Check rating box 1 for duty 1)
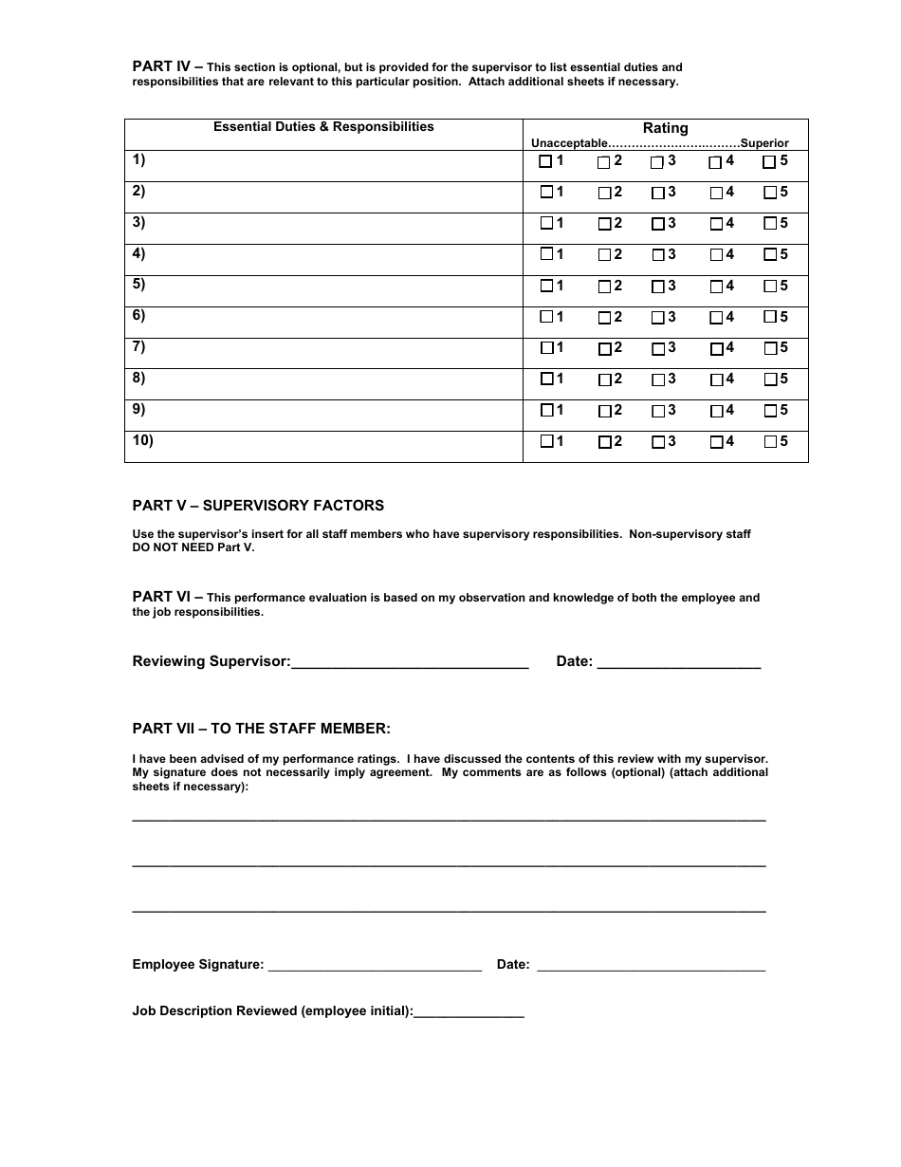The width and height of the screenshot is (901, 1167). coord(545,161)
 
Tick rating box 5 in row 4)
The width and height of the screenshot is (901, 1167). coord(769,254)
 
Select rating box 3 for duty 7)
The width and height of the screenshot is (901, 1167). coord(657,348)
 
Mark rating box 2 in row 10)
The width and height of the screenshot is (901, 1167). coord(604,442)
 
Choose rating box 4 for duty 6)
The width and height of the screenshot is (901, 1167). coord(716,317)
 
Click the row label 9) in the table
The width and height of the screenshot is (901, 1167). coord(138,409)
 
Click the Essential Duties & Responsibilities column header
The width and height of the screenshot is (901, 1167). coord(323,126)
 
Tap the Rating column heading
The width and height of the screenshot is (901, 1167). coord(665,128)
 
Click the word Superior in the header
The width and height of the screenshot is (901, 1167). coord(764,143)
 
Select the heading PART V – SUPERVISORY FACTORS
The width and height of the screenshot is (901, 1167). coord(258,506)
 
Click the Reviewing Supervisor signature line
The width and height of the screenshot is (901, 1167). coord(410,662)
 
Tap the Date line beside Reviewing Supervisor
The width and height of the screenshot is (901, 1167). coord(678,662)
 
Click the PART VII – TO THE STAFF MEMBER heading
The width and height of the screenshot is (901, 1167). coord(261,729)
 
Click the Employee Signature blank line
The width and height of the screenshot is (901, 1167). coord(375,966)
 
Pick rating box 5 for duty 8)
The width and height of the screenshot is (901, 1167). coord(769,380)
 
